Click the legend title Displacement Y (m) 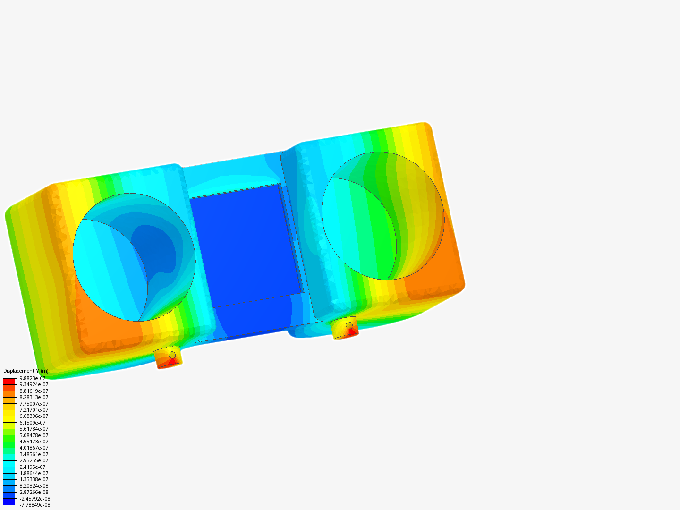(x=26, y=371)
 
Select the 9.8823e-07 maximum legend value (x=33, y=378)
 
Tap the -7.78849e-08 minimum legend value (x=34, y=505)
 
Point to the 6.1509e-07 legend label (x=33, y=423)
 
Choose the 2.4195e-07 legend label (x=33, y=467)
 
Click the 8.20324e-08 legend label (x=34, y=486)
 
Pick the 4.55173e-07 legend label (x=34, y=442)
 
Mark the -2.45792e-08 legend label (x=34, y=499)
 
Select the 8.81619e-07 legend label (x=34, y=391)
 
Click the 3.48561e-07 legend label (x=34, y=454)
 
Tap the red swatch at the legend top (x=9, y=381)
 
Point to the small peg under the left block (x=169, y=358)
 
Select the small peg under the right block (x=345, y=328)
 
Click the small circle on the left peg (x=172, y=355)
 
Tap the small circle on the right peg (x=349, y=325)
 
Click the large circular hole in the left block (x=134, y=257)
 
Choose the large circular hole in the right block (x=383, y=216)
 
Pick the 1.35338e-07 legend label (x=34, y=479)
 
